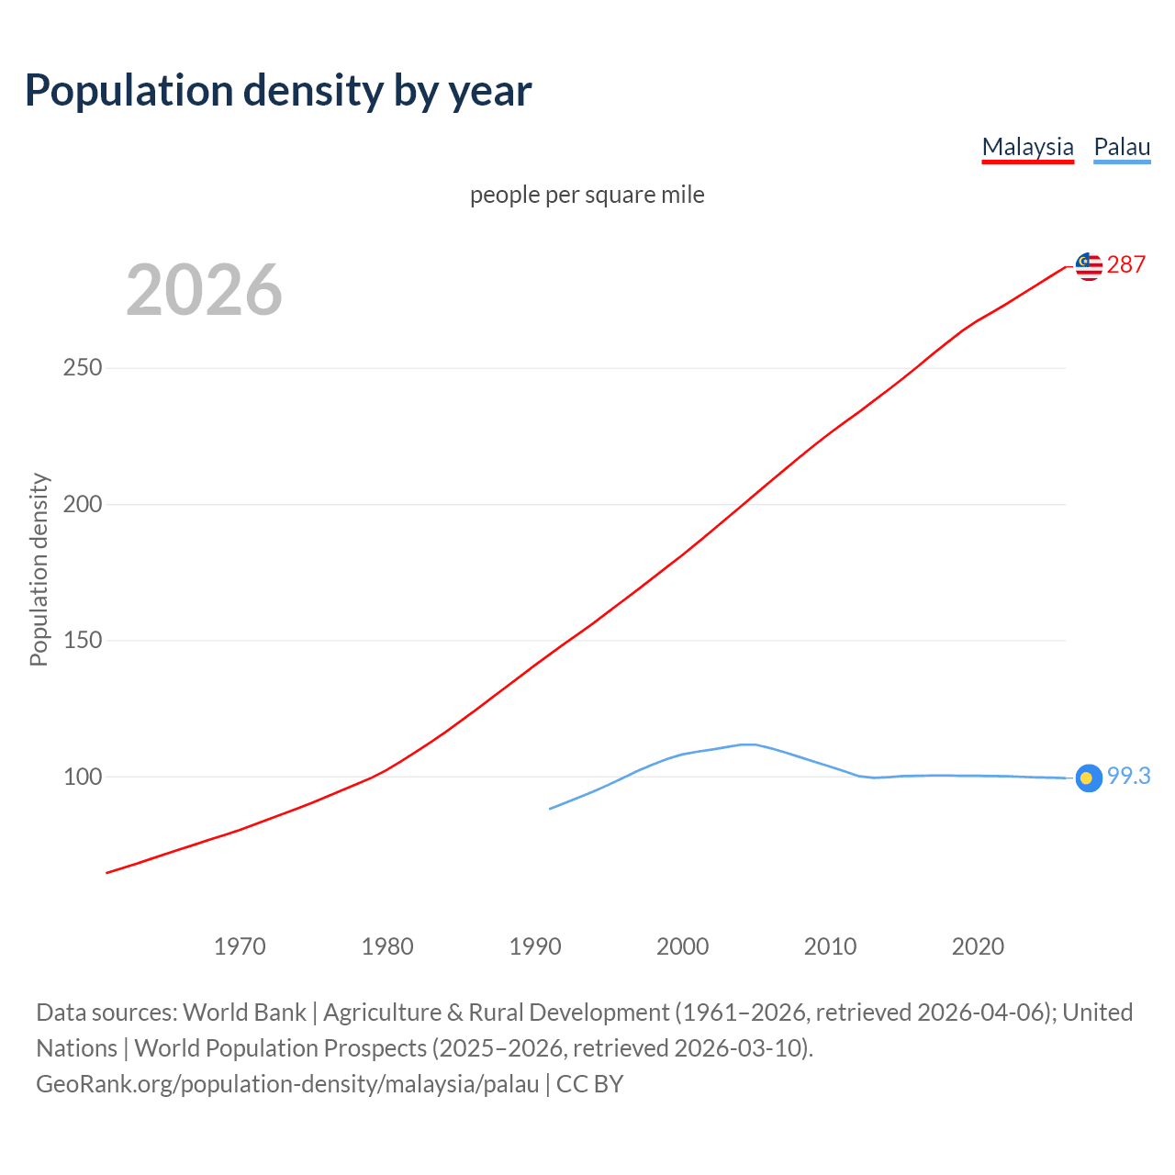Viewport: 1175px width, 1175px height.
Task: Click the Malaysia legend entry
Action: pos(1027,147)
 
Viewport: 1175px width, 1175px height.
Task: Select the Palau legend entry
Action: pos(1122,147)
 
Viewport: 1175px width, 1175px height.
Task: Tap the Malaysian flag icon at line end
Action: pos(1089,266)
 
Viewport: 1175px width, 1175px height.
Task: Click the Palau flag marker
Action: pos(1088,778)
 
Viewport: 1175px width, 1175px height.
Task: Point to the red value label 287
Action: pos(1126,265)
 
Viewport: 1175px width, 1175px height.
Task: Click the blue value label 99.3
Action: pos(1128,777)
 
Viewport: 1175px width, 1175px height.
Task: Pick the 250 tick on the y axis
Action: pos(83,368)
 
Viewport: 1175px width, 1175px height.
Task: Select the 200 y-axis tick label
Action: pos(83,504)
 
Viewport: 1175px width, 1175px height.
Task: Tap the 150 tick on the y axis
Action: pos(83,641)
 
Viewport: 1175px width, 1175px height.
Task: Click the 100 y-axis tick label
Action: pos(83,777)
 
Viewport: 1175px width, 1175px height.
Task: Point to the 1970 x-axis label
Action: pos(240,946)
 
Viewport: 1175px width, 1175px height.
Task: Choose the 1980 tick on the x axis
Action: pos(387,946)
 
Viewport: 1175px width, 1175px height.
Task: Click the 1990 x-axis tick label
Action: pos(535,946)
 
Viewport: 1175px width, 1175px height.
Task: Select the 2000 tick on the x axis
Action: pos(683,946)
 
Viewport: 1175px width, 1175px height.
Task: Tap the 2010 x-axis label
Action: pos(830,946)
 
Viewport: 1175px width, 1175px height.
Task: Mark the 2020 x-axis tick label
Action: pos(978,946)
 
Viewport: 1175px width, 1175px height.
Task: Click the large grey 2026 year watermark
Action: pos(204,290)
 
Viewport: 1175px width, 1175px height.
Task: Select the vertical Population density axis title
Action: pos(39,569)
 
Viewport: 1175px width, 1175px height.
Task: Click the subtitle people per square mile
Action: pos(587,196)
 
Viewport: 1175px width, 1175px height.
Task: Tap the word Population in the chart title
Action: pos(129,91)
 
